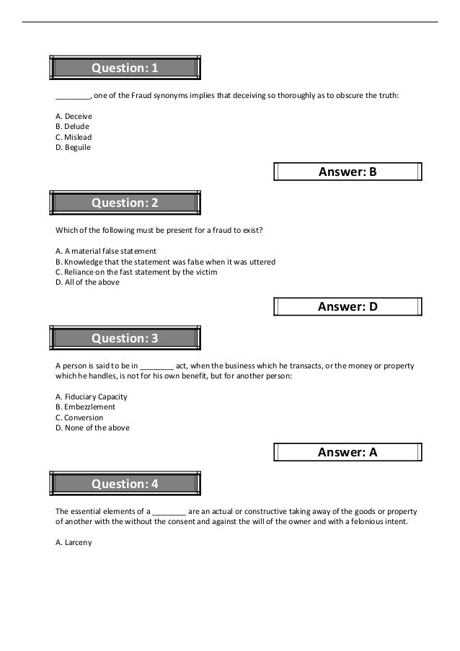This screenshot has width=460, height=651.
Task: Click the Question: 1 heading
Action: click(x=125, y=68)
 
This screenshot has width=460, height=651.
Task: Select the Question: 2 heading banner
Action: click(x=125, y=203)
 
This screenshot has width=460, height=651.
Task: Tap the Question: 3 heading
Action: click(x=125, y=337)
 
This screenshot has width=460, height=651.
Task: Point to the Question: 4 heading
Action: click(x=125, y=483)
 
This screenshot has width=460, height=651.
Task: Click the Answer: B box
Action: click(x=348, y=172)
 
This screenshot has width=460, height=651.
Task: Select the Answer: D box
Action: click(x=348, y=306)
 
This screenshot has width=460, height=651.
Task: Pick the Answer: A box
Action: click(x=348, y=452)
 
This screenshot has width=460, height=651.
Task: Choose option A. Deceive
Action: click(x=74, y=116)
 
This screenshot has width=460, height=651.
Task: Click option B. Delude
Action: click(x=72, y=126)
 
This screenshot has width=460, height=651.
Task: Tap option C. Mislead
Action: click(x=74, y=137)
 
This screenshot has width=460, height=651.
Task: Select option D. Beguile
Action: click(x=73, y=148)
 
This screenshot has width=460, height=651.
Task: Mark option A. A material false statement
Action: click(x=106, y=251)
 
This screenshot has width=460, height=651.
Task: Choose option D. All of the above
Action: click(x=87, y=283)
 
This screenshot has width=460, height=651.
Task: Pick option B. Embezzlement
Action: click(x=85, y=407)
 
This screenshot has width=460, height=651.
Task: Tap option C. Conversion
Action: click(x=79, y=417)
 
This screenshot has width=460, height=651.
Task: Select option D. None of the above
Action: click(x=92, y=428)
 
